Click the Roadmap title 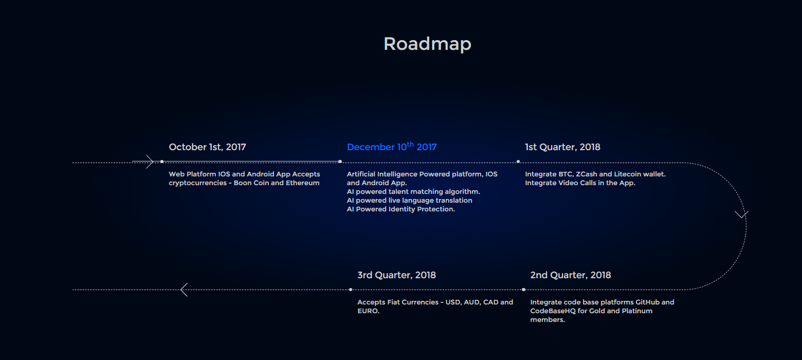[427, 44]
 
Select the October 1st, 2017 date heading [207, 147]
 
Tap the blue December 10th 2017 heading [392, 147]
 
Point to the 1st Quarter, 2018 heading [562, 147]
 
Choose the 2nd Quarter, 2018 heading [570, 275]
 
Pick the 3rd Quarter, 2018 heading [396, 275]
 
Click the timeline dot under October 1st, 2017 [162, 161]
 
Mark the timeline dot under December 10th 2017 [340, 161]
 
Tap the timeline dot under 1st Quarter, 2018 [518, 161]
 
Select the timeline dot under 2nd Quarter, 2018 [523, 290]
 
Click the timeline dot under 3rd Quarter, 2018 [351, 290]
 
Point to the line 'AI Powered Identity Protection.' [400, 209]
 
